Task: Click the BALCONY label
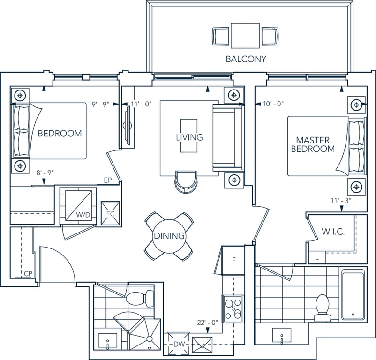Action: tap(246, 59)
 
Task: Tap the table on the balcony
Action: tap(245, 36)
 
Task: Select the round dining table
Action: tap(169, 236)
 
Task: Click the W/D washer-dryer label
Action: tap(83, 215)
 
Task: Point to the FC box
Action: tap(110, 213)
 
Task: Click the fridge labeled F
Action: tap(234, 260)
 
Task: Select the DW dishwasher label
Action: tap(179, 345)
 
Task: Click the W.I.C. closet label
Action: tap(333, 232)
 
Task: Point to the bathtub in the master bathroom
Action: tap(353, 295)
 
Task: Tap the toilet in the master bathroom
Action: tap(322, 308)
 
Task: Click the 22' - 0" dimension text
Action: tap(208, 322)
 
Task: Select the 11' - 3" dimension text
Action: tap(341, 201)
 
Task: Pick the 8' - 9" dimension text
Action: tap(45, 172)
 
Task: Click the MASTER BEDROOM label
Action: tap(313, 144)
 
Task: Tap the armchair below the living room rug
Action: tap(186, 181)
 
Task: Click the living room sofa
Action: tap(228, 138)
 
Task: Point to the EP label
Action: tap(108, 180)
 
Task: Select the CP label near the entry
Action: tap(28, 274)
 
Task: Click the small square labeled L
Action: tap(317, 258)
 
